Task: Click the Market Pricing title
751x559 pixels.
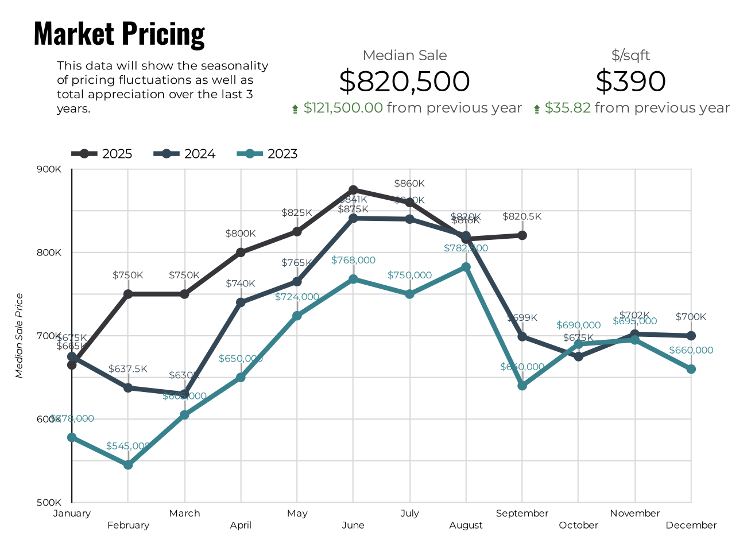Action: coord(119,34)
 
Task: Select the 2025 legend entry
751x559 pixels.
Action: coord(102,154)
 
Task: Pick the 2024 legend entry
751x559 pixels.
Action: coord(184,154)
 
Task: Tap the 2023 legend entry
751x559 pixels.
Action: coord(267,154)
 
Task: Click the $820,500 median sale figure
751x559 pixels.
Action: coord(404,81)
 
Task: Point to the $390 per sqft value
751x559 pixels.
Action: coord(630,81)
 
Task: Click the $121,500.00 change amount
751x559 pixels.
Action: coord(343,108)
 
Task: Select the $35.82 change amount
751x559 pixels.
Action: coord(567,108)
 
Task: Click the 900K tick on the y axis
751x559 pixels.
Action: coord(49,169)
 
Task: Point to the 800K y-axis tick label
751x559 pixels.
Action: coord(49,253)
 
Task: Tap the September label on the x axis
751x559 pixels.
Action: coord(522,513)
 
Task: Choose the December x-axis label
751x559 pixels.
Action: coord(691,525)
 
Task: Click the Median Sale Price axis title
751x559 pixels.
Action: coord(20,336)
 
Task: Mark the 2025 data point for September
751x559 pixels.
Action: coord(522,235)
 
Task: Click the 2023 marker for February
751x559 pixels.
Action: coord(128,465)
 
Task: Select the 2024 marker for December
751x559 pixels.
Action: coord(691,336)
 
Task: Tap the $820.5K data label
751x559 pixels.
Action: coord(522,216)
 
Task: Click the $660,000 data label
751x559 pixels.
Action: coord(691,350)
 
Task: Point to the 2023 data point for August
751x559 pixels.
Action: coord(466,267)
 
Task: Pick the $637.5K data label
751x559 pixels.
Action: coord(128,369)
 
